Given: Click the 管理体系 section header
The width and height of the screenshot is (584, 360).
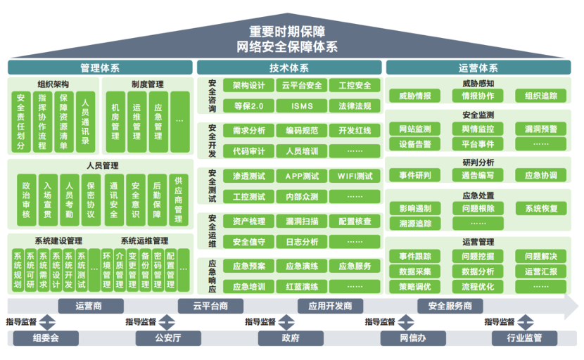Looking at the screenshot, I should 100,68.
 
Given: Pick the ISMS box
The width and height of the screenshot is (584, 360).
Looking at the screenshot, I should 301,106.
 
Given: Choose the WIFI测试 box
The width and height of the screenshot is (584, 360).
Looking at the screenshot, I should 355,176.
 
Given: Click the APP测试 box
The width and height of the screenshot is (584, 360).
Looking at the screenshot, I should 301,176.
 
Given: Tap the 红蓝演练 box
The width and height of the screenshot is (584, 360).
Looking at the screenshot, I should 301,287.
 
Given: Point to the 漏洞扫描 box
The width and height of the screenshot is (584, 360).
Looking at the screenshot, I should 301,221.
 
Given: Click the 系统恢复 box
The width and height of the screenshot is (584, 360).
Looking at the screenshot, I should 541,208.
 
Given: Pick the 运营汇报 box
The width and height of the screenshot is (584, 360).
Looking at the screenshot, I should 541,271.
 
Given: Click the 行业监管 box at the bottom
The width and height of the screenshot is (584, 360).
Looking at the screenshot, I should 524,338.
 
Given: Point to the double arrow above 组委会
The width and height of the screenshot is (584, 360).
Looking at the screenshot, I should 46,323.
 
